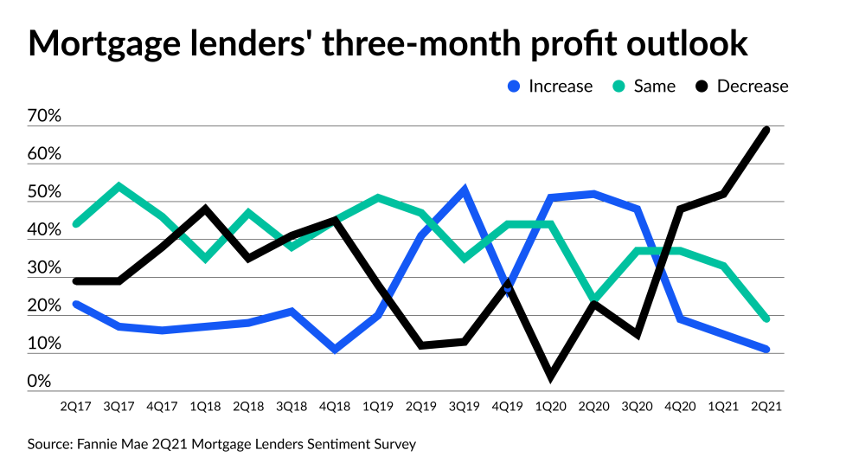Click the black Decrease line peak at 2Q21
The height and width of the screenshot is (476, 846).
coord(766,130)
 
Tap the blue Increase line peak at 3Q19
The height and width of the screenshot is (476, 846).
coord(465,190)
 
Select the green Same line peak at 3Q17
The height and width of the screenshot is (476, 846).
coord(119,185)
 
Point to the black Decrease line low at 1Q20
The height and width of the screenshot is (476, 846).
coord(551,376)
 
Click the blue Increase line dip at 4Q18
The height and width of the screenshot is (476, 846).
coord(335,350)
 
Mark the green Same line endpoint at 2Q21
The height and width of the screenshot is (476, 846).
coord(766,318)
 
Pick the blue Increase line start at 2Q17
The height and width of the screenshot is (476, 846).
coord(77,304)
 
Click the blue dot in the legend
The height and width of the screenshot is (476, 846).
coord(514,87)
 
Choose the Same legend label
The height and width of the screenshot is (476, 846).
coord(655,87)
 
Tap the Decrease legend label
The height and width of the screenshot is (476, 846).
coord(753,87)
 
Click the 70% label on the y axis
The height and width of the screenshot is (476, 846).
coord(44,116)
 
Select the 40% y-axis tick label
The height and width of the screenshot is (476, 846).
coord(44,230)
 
